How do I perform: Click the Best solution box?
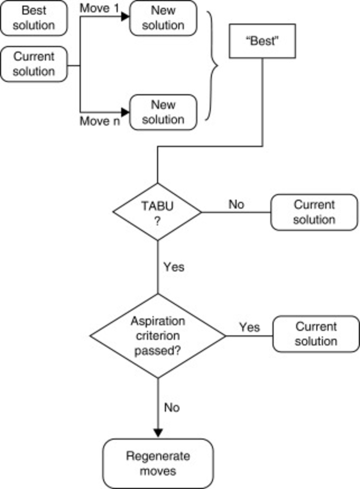[34, 18]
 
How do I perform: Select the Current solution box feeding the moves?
[34, 64]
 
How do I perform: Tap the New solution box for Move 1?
[163, 18]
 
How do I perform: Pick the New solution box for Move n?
[163, 112]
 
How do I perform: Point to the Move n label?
[100, 122]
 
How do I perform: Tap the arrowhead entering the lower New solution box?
[125, 112]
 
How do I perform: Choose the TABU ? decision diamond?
[157, 212]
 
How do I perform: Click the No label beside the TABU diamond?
[236, 204]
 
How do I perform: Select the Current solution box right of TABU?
[314, 212]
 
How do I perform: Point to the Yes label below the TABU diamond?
[173, 267]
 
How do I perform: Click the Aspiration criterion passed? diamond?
[158, 336]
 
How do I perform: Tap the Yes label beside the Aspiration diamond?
[249, 327]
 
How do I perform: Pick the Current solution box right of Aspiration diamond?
[316, 334]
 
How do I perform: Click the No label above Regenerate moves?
[172, 407]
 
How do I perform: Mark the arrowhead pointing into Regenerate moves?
[158, 433]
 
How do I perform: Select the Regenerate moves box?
[158, 463]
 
